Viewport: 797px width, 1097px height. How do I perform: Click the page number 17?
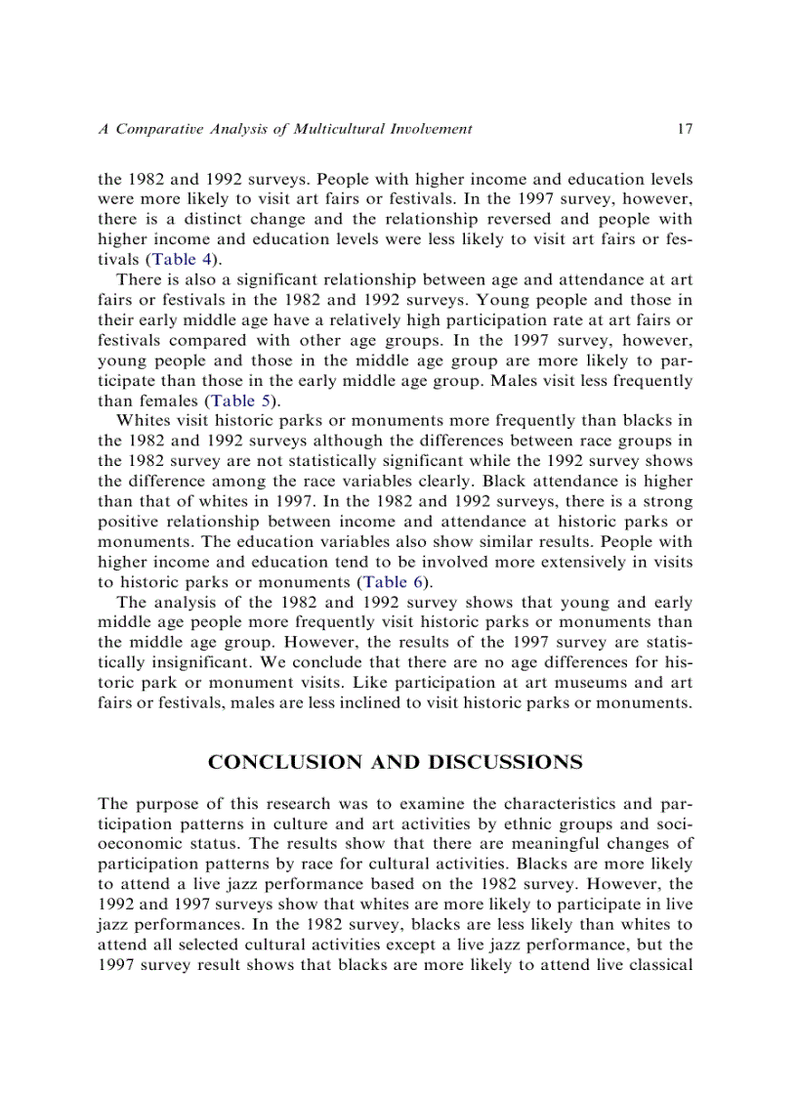[x=684, y=129]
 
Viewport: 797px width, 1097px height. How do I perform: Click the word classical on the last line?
[x=655, y=964]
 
